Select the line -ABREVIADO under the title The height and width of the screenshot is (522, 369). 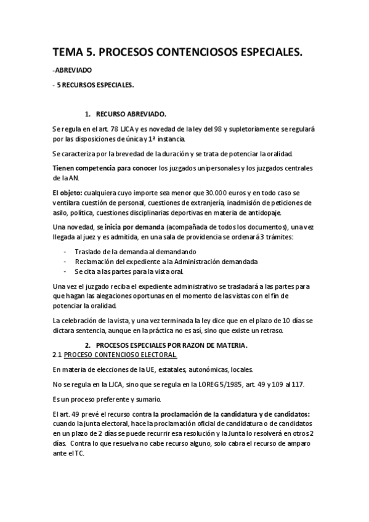[73, 71]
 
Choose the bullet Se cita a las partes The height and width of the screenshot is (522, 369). [129, 271]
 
